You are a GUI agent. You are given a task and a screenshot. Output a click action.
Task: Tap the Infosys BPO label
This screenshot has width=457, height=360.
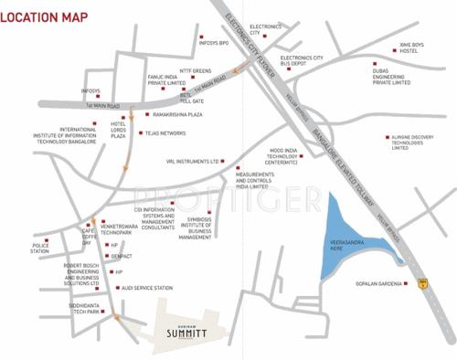[x=225, y=42]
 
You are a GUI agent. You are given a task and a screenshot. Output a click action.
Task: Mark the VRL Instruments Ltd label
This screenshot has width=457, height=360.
[x=195, y=161]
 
